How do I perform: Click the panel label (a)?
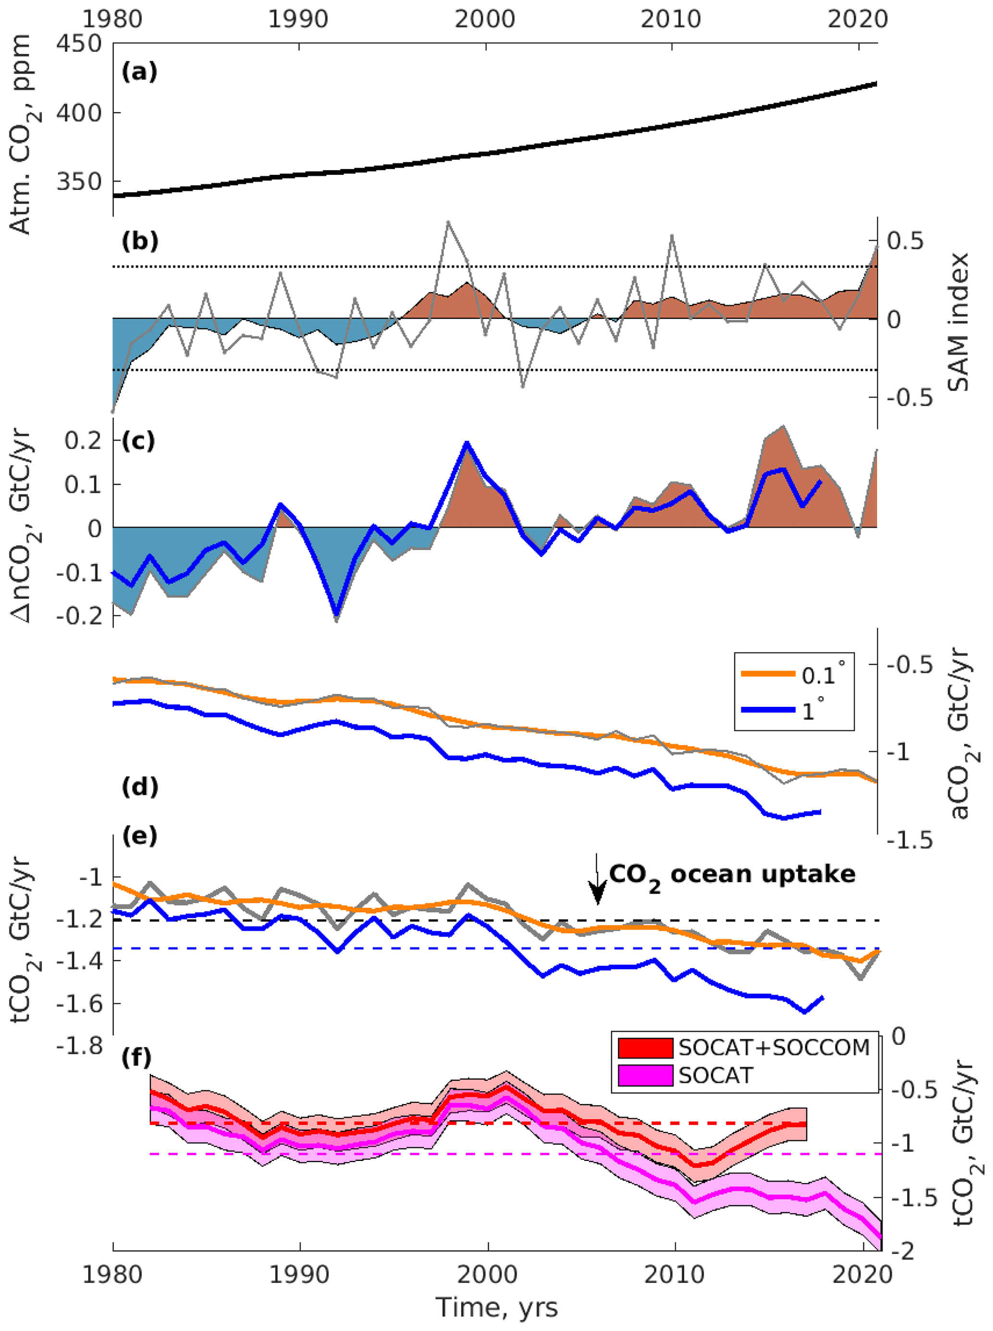coord(139,72)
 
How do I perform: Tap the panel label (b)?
coord(139,241)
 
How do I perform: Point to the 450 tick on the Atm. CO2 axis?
coord(79,43)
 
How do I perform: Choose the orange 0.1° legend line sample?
coord(768,674)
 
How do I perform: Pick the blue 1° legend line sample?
coord(768,710)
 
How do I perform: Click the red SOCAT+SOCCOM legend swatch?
coord(645,1048)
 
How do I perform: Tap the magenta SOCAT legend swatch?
coord(645,1075)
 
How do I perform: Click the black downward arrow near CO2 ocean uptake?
coord(597,881)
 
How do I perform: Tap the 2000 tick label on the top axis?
coord(484,19)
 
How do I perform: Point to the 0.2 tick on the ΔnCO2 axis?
coord(84,440)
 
